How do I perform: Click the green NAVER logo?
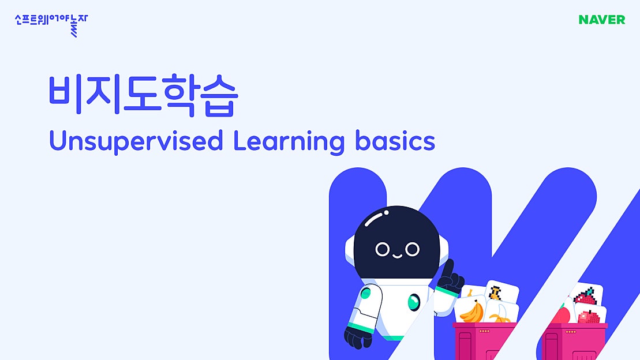tap(601, 20)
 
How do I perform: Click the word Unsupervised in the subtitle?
tap(136, 141)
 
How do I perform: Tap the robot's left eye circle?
tap(382, 249)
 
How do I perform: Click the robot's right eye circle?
tap(412, 249)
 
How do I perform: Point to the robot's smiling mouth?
tap(397, 254)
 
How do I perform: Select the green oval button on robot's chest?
tap(413, 302)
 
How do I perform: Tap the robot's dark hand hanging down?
tap(355, 337)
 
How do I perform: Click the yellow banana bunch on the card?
tap(471, 312)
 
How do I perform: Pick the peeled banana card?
tap(500, 315)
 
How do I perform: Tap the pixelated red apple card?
tap(589, 316)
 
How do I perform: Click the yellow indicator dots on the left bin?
tap(484, 331)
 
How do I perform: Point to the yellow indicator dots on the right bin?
tap(571, 331)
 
